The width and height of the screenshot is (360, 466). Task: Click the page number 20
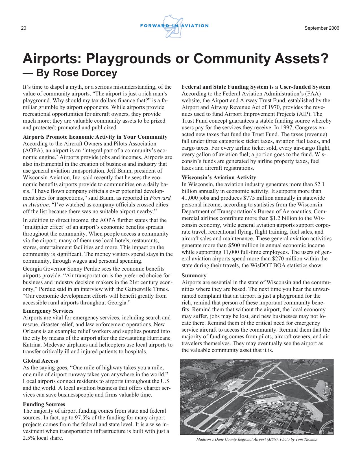tap(23, 28)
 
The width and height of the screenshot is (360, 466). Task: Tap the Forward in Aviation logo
tap(174, 26)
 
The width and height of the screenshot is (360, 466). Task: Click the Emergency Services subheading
tap(48, 311)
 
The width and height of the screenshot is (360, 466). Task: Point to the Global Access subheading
tap(40, 361)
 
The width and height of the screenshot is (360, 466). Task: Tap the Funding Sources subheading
tap(44, 404)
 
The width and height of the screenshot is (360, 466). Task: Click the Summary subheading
tap(194, 275)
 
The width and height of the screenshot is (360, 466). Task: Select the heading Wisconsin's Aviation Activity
tap(219, 178)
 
